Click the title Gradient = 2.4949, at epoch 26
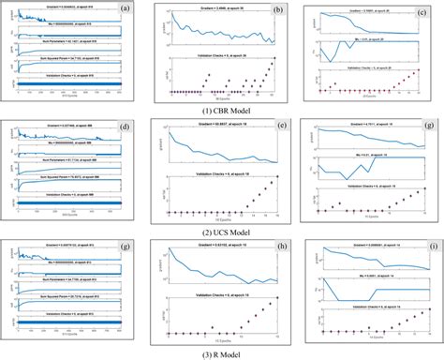pyautogui.click(x=216, y=12)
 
